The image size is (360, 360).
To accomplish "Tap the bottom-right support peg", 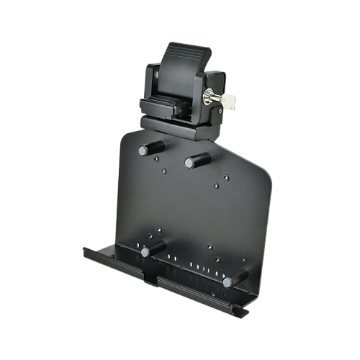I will pyautogui.click(x=233, y=280).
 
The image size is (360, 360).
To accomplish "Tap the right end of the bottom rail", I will pyautogui.click(x=245, y=312).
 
